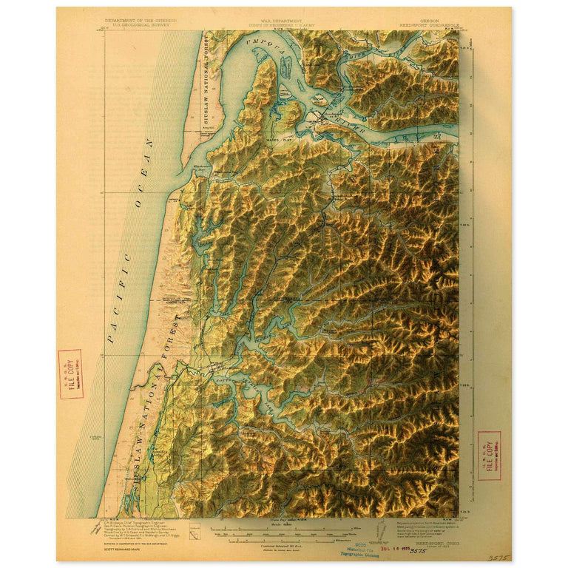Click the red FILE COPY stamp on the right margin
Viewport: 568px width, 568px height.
(x=488, y=456)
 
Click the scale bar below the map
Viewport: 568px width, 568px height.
(x=285, y=530)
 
